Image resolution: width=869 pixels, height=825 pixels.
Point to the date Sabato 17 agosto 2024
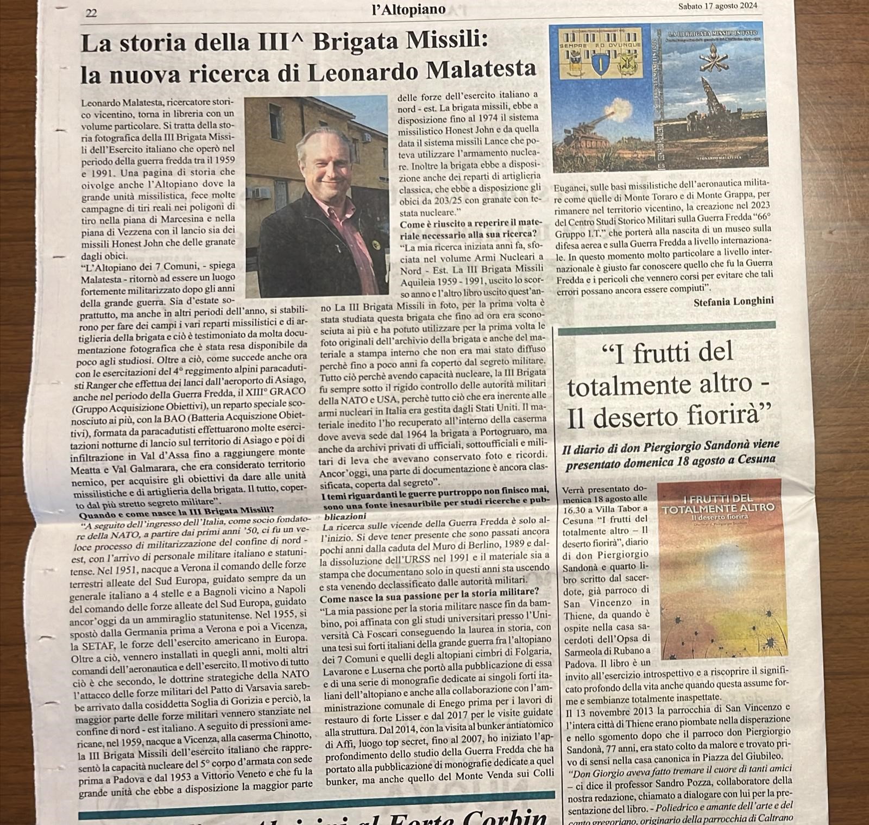[x=717, y=7]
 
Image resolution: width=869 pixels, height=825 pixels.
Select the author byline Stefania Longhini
[x=733, y=301]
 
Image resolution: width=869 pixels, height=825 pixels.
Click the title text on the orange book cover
[x=718, y=503]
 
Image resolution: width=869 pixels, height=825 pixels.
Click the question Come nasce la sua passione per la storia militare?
[x=429, y=591]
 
